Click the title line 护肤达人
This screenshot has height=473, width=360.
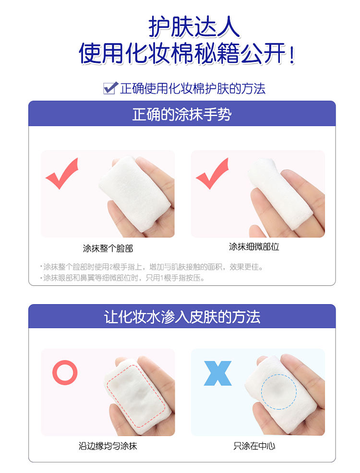[194, 27]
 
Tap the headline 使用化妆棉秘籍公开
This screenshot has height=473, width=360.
[187, 53]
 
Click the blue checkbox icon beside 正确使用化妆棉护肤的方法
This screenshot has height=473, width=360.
[110, 88]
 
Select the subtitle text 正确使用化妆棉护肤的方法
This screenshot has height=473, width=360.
[192, 89]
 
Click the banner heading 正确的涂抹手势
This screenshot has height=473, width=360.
[182, 114]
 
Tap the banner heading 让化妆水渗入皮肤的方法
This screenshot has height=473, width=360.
[182, 317]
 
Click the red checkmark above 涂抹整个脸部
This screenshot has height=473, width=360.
[62, 173]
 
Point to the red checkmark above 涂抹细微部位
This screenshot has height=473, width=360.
[213, 173]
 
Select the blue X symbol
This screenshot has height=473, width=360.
[217, 373]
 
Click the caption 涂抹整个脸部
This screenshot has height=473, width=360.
[108, 248]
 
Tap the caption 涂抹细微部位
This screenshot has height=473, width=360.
[254, 247]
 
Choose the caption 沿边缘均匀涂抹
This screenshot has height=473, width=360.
[108, 446]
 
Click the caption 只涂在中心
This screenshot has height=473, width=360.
[254, 446]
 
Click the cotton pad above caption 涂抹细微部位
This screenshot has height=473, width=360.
[279, 190]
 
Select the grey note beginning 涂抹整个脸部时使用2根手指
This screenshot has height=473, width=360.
[152, 267]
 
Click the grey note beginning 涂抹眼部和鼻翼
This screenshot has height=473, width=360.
[122, 278]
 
